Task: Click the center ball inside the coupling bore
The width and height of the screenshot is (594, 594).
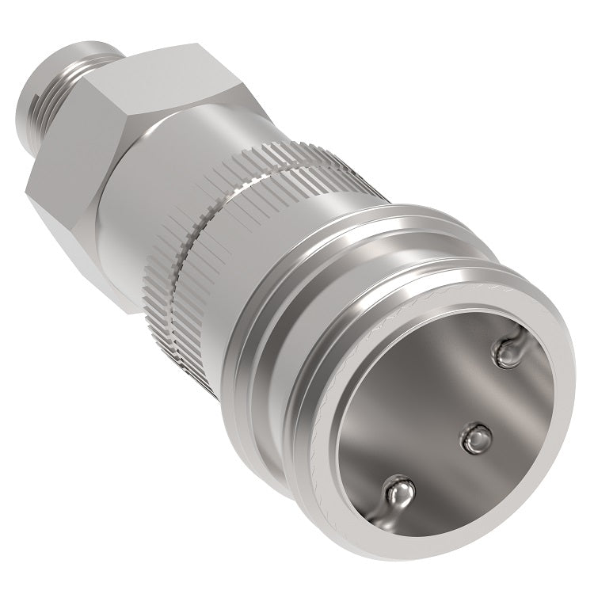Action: point(478,436)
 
